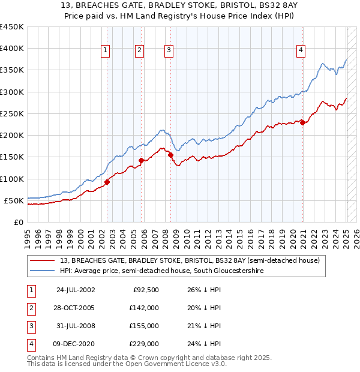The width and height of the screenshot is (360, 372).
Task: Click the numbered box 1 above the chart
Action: pyautogui.click(x=106, y=51)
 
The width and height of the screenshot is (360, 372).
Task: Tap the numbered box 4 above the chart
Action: pyautogui.click(x=299, y=51)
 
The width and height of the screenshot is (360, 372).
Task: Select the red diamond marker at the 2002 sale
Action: pyautogui.click(x=107, y=182)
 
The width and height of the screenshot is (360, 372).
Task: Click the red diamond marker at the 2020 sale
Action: pyautogui.click(x=303, y=123)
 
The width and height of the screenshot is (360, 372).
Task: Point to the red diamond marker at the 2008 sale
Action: pyautogui.click(x=171, y=155)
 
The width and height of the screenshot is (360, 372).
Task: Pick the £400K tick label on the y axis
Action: pyautogui.click(x=12, y=49)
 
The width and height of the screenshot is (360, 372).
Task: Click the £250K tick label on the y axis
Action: pyautogui.click(x=12, y=113)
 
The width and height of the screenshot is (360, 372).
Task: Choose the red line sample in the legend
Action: pyautogui.click(x=43, y=260)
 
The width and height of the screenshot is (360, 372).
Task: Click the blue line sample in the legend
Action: pyautogui.click(x=43, y=271)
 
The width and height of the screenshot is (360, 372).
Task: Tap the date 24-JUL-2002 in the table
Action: pyautogui.click(x=75, y=290)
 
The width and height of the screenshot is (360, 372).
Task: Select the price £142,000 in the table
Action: pyautogui.click(x=144, y=308)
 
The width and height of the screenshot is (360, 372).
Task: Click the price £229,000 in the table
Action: pyautogui.click(x=144, y=344)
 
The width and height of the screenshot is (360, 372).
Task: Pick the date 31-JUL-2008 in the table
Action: pyautogui.click(x=75, y=326)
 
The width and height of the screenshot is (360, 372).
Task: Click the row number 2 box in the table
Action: pyautogui.click(x=31, y=308)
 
